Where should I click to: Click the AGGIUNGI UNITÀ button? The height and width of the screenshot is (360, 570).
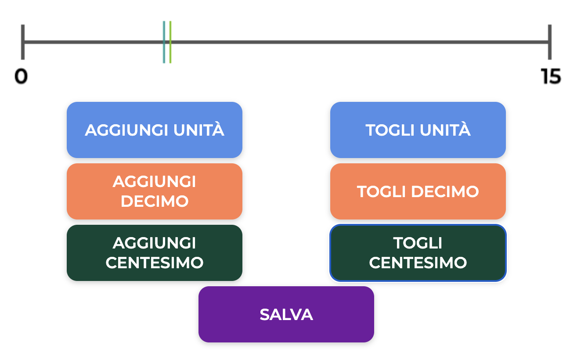(x=154, y=130)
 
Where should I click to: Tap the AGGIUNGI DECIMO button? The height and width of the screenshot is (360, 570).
(x=154, y=191)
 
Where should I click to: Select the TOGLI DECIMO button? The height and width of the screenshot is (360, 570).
(x=418, y=191)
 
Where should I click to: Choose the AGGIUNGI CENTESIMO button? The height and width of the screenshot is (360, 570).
(x=154, y=253)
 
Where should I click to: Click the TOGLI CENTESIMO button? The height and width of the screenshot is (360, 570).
(x=418, y=253)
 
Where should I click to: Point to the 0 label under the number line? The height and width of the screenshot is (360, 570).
(x=21, y=77)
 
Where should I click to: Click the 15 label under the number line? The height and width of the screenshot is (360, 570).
(x=551, y=77)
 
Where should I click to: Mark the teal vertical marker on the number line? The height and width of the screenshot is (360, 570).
(x=164, y=42)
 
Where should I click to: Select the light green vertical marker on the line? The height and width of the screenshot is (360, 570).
(x=170, y=42)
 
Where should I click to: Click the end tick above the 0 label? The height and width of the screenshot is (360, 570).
(x=22, y=42)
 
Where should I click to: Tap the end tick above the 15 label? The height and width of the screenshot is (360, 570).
(x=549, y=42)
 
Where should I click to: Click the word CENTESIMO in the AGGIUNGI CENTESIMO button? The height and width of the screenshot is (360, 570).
(x=155, y=263)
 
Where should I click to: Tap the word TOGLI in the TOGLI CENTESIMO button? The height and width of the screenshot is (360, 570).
(x=418, y=243)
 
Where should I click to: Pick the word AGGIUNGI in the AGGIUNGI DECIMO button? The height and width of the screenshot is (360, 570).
(x=155, y=182)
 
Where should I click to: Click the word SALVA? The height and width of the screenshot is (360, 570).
(x=286, y=315)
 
